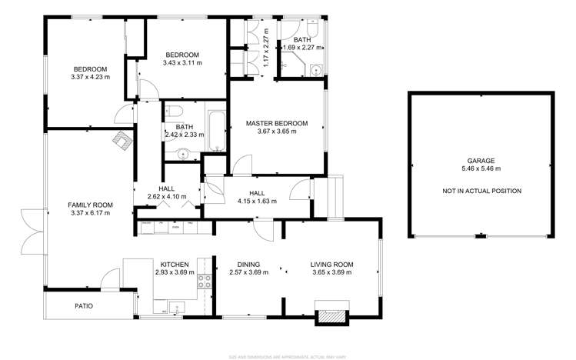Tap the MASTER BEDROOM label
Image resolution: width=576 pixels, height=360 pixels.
277,123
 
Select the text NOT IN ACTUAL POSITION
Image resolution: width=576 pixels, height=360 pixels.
481,191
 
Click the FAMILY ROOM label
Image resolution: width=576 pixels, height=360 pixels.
90,205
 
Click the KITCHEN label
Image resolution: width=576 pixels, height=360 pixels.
175,264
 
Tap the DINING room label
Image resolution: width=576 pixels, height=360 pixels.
248,264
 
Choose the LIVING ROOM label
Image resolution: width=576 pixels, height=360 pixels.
332,264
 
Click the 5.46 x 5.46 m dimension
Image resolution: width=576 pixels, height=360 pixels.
480,168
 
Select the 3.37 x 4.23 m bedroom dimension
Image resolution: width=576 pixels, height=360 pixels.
90,76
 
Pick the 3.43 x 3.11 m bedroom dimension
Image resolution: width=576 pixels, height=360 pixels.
182,63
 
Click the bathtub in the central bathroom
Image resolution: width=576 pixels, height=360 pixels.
215,132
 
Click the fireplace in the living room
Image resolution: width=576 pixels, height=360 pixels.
331,315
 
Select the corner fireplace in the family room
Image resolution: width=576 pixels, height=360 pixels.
121,140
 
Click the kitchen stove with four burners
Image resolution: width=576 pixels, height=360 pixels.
205,280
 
